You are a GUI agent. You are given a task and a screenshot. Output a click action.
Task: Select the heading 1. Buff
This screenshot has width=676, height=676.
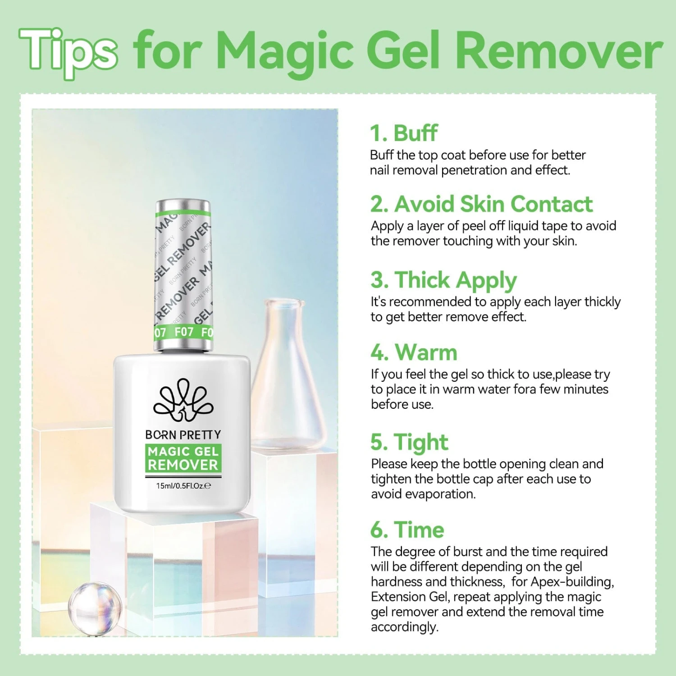pyautogui.click(x=403, y=133)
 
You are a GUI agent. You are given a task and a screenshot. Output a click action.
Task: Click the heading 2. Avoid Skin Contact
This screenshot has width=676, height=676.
pyautogui.click(x=481, y=204)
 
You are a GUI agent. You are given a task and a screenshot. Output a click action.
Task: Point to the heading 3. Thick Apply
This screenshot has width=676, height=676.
pyautogui.click(x=443, y=280)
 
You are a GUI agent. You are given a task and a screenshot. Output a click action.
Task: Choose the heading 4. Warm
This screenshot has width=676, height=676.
pyautogui.click(x=414, y=352)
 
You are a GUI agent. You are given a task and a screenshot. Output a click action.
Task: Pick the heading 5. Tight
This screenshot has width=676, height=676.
pyautogui.click(x=409, y=442)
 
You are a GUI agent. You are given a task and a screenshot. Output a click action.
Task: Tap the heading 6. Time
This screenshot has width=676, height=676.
pyautogui.click(x=407, y=530)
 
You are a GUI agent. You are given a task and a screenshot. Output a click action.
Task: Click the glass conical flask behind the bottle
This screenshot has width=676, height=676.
pyautogui.click(x=288, y=383)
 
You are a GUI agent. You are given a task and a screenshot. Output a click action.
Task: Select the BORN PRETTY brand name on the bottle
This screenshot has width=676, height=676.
pyautogui.click(x=183, y=435)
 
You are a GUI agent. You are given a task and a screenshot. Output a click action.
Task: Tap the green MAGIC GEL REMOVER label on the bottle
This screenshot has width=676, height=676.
pyautogui.click(x=183, y=458)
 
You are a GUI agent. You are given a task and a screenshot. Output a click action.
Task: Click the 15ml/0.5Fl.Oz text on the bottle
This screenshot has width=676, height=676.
pyautogui.click(x=183, y=486)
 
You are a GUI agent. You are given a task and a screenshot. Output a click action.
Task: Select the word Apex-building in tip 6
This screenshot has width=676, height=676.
pyautogui.click(x=572, y=582)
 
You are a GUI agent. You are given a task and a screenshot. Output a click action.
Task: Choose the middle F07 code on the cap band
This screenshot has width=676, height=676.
pyautogui.click(x=184, y=332)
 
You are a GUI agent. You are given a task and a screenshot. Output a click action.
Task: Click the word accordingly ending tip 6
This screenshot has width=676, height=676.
pyautogui.click(x=404, y=627)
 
